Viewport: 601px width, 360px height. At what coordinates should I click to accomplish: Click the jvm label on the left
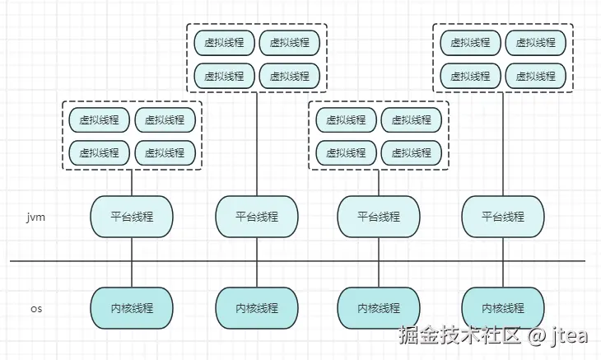tap(35, 217)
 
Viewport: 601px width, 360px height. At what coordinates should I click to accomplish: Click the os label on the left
tap(35, 308)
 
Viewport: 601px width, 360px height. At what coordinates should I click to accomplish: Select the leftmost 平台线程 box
tap(132, 217)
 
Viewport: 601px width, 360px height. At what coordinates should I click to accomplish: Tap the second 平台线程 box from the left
tap(256, 217)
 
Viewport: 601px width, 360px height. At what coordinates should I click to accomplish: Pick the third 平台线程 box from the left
tap(379, 217)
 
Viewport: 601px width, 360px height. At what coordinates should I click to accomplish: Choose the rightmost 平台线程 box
tap(503, 217)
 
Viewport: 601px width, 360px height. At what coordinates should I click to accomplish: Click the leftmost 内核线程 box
tap(132, 308)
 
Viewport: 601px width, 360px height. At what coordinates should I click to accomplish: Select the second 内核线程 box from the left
tap(256, 308)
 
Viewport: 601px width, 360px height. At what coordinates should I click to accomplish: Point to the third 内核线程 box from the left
tap(379, 308)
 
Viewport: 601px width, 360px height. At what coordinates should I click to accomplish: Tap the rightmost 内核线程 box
tap(503, 308)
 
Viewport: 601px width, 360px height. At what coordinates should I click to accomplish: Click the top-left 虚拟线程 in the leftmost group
tap(100, 120)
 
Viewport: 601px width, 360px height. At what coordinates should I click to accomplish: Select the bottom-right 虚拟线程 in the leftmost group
tap(165, 152)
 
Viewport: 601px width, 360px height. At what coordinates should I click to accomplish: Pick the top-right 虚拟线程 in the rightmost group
tap(536, 43)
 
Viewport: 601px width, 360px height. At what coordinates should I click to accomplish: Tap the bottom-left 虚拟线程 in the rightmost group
tap(470, 76)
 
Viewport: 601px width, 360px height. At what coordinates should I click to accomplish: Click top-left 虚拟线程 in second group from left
tap(224, 43)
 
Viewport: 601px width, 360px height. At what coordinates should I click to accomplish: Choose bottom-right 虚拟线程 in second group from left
tap(289, 76)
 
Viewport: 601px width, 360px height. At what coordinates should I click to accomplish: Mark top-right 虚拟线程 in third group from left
tap(412, 120)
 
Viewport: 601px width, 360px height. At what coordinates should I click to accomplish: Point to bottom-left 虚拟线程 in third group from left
tap(346, 152)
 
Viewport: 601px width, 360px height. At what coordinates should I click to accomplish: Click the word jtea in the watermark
tap(570, 336)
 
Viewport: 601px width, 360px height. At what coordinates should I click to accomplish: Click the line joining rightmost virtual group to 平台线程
tap(503, 144)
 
